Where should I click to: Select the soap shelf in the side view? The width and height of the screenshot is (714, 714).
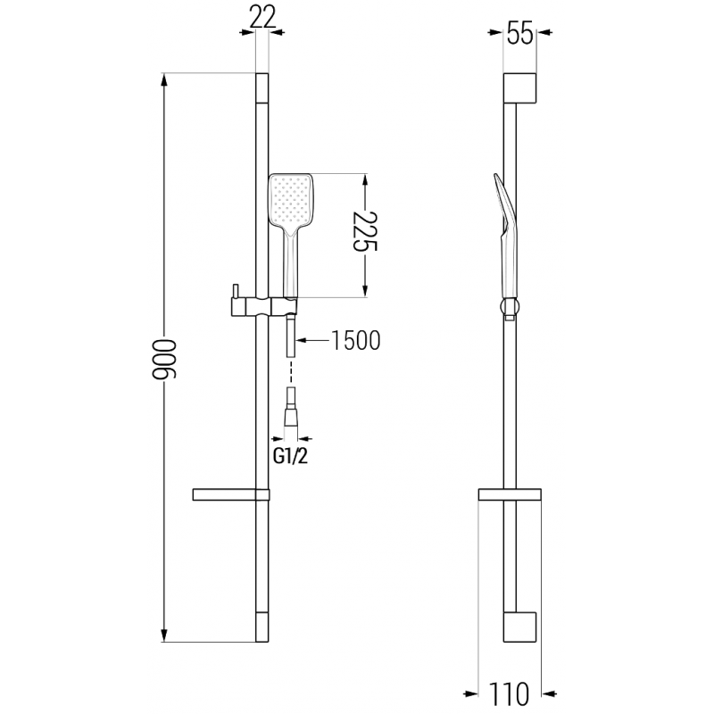point(509,494)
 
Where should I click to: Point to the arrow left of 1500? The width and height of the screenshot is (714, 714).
point(303,340)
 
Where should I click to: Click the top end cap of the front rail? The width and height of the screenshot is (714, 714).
point(261,88)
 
